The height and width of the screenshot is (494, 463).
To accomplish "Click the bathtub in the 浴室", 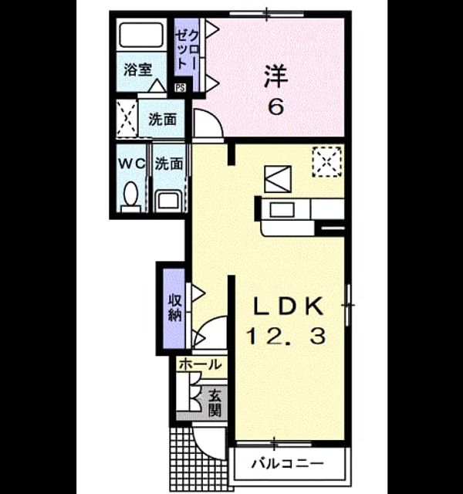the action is [x=141, y=35].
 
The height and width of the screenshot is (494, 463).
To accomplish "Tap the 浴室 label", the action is [x=137, y=69].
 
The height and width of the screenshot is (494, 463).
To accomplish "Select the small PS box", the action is [x=181, y=87].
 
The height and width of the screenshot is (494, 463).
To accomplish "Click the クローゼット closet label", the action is [x=187, y=49].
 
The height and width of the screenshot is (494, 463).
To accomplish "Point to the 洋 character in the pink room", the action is [x=276, y=76].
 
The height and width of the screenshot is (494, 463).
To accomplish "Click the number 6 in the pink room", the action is [x=276, y=107].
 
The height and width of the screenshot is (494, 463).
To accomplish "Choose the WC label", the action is [x=132, y=164].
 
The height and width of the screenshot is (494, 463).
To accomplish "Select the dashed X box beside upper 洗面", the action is [x=127, y=118].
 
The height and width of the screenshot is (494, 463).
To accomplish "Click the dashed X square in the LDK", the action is [x=326, y=161].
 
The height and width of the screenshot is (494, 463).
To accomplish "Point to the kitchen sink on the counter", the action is [x=282, y=210].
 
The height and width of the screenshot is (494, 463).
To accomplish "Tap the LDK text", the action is [x=288, y=306].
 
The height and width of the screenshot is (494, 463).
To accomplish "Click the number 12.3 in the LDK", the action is [x=286, y=336].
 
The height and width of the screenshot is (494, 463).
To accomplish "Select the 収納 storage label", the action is [x=175, y=308].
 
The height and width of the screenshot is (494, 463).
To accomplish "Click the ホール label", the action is [x=200, y=365].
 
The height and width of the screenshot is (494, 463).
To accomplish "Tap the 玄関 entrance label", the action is [x=215, y=404].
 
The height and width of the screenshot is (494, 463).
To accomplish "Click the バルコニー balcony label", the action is [x=288, y=463].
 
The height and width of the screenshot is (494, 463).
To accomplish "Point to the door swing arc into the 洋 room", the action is [x=215, y=117].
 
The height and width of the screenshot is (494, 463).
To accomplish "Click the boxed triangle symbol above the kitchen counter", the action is [x=278, y=179].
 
